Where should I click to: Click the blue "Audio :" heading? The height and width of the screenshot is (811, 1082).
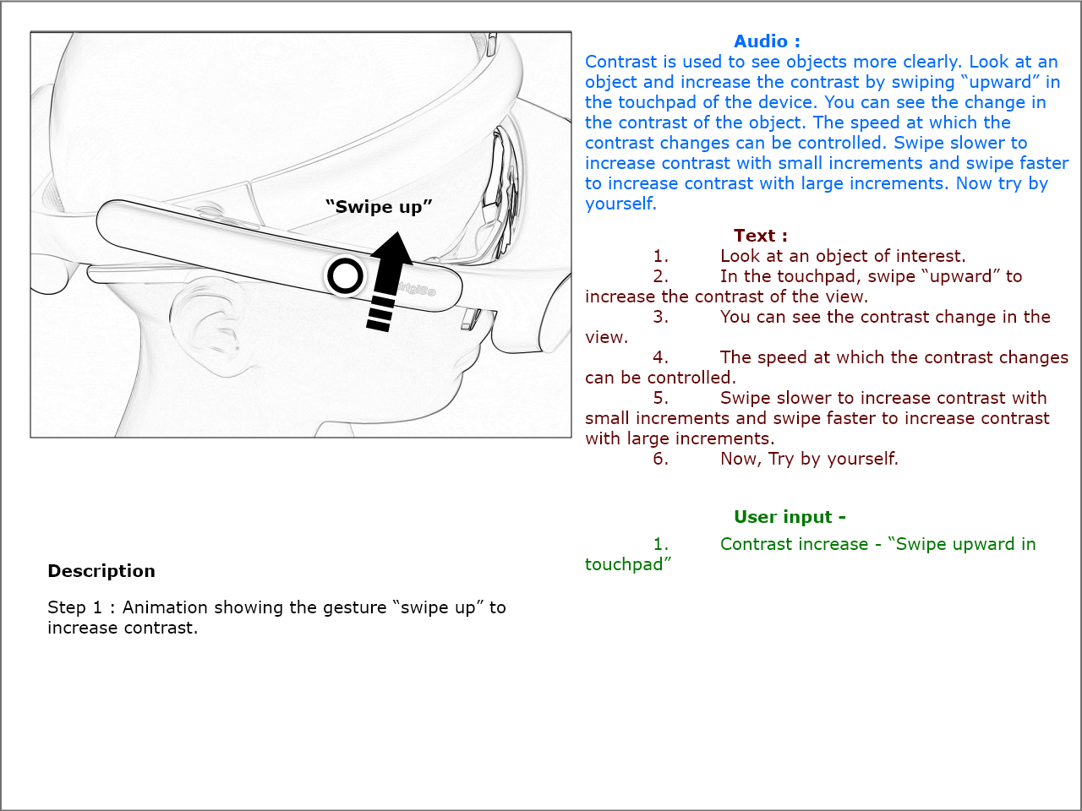767,41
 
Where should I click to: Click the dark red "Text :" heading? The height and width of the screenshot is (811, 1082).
760,236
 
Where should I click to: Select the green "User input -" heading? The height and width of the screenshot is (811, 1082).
790,517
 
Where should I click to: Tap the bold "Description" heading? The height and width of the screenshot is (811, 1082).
101,571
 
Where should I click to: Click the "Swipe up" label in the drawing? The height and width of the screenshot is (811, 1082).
379,207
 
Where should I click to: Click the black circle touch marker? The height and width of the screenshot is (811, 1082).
345,275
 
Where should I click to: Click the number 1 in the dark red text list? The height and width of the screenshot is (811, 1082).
660,256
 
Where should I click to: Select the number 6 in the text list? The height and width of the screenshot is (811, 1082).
660,459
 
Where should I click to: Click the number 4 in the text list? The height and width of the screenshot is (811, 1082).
660,357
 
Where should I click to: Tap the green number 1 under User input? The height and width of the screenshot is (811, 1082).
660,544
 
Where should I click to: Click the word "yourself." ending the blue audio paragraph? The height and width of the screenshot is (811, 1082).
620,204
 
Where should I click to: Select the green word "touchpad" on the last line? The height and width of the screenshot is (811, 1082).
626,564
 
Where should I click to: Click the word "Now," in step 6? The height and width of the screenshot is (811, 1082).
740,459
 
